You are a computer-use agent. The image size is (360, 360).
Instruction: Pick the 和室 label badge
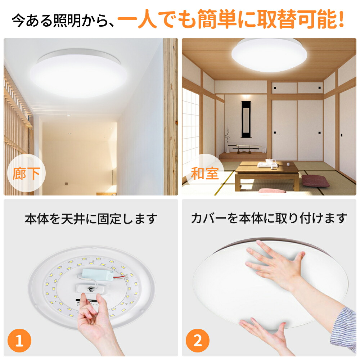point(204,174)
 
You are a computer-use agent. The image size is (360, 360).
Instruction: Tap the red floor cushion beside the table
point(315,181)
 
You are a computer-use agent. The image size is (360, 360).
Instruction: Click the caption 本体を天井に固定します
point(91,219)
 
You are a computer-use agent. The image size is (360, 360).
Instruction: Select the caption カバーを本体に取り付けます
point(269,218)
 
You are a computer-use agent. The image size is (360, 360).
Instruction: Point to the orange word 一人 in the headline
point(137,21)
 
